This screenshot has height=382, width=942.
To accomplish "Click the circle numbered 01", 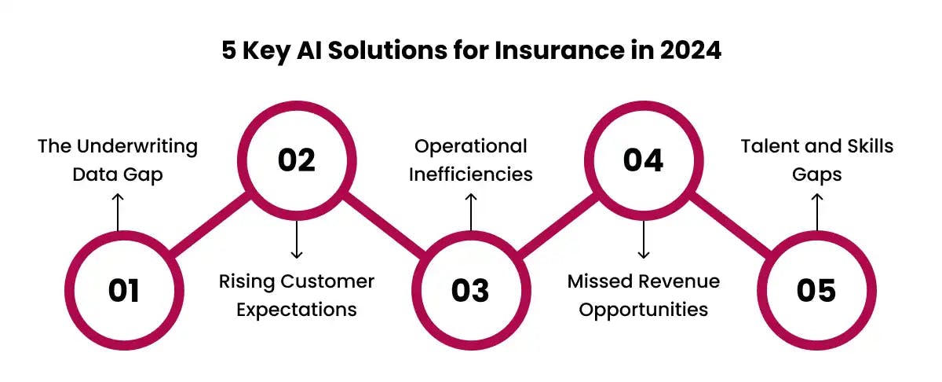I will [x=124, y=290].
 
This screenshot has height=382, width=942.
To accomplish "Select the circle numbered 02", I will [x=297, y=160].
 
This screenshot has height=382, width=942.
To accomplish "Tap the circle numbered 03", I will [x=469, y=290].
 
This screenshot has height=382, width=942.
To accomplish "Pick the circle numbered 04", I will [x=643, y=160].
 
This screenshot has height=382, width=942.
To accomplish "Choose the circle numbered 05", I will [x=816, y=290].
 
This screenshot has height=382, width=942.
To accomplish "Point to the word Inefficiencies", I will [x=470, y=174].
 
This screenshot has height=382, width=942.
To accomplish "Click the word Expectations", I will [x=297, y=309].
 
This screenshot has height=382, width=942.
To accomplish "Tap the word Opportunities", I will [x=643, y=309].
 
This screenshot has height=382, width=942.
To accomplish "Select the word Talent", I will [x=769, y=146].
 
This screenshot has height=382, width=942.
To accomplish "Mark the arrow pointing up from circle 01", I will [x=118, y=212].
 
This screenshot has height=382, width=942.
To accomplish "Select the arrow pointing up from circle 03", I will [x=470, y=212].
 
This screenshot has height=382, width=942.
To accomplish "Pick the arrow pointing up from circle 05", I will [x=816, y=212].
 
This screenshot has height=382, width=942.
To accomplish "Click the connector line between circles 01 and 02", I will [x=210, y=225].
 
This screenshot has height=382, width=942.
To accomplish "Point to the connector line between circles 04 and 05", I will [x=729, y=225].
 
